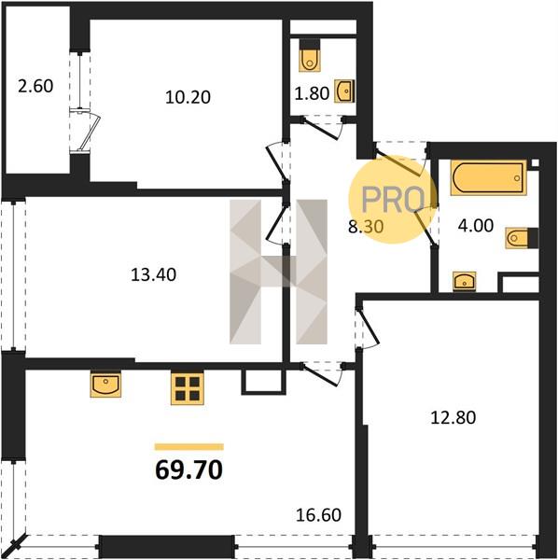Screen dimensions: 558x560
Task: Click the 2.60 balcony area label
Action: pos(35,86)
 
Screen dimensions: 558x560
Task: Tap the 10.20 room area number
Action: pos(188,97)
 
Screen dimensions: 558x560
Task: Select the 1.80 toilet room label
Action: pos(312,93)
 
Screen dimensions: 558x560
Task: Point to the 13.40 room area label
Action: pos(154,274)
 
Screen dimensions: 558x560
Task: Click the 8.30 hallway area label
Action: pos(366,226)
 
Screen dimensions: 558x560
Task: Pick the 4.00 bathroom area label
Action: pos(476,225)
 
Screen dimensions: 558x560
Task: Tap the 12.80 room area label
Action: pos(453,417)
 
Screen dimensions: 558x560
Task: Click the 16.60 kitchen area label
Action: pos(319,515)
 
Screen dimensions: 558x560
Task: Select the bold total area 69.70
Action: pos(189,469)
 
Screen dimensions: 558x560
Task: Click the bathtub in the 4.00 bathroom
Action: pos(488,178)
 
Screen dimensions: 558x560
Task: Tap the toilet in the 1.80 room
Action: pos(310,55)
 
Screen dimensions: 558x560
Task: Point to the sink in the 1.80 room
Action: pos(344,91)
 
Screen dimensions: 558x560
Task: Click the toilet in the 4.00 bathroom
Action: pos(522,237)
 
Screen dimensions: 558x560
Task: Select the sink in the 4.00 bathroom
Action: pos(464,281)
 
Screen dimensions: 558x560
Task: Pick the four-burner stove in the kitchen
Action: pos(188,388)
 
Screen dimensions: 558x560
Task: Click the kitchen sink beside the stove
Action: pos(105,385)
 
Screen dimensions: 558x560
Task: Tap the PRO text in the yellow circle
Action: pos(393,200)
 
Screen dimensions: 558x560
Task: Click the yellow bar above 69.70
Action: pos(189,447)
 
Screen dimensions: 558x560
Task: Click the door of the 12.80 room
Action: pos(369,328)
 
